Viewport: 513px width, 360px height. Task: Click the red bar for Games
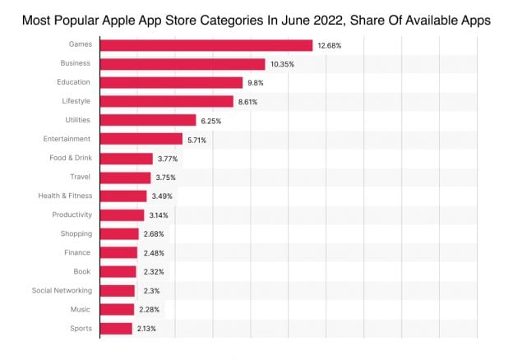[x=206, y=45]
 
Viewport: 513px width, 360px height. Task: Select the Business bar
[x=183, y=64]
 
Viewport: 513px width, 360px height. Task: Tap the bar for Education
[x=171, y=83]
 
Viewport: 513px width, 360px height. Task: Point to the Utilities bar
[x=148, y=121]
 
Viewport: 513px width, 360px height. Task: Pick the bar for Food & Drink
[x=127, y=159]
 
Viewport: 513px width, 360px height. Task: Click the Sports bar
[x=116, y=329]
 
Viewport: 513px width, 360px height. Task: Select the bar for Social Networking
[x=118, y=291]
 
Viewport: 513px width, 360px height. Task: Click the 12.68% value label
[x=329, y=45]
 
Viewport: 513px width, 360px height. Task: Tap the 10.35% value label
[x=282, y=64]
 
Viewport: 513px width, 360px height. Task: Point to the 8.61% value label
[x=249, y=102]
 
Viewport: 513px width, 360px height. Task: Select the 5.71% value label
[x=199, y=140]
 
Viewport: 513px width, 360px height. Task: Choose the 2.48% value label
[x=154, y=253]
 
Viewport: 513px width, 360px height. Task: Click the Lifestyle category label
[x=76, y=102]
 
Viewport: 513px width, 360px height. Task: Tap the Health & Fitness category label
[x=65, y=196]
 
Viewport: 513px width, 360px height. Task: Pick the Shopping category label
[x=75, y=234]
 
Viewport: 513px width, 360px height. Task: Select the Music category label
[x=81, y=310]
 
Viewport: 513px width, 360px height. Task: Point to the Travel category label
[x=80, y=178]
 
